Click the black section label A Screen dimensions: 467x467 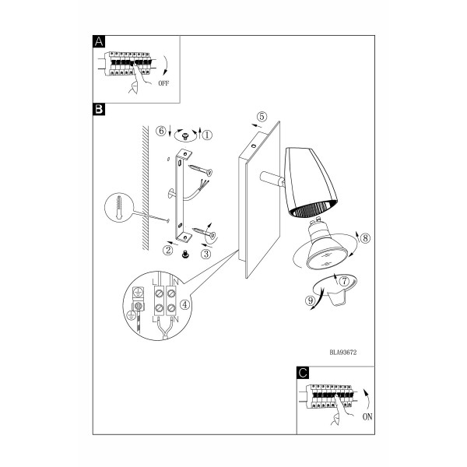[x=99, y=41]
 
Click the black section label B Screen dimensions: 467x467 [x=99, y=109]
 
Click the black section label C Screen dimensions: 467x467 [x=303, y=373]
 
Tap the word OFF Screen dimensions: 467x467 [x=163, y=83]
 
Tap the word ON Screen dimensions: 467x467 [x=367, y=416]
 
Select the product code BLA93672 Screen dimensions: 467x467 [x=342, y=353]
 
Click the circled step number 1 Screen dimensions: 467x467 [x=207, y=135]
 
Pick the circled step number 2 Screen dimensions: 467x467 [x=168, y=250]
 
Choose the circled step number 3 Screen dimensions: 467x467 [x=205, y=254]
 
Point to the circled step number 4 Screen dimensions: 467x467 [x=185, y=304]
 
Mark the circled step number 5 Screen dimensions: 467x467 [x=262, y=117]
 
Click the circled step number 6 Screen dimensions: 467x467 [x=161, y=131]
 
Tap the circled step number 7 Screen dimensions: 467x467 [x=344, y=281]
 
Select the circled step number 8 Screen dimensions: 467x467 [x=365, y=238]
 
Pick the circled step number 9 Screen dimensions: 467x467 [x=311, y=300]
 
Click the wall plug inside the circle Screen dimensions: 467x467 [x=119, y=208]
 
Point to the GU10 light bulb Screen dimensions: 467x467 [x=327, y=245]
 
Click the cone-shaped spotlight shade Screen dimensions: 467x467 [x=310, y=182]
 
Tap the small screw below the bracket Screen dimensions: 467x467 [x=185, y=254]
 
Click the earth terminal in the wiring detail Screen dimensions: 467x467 [x=138, y=300]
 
